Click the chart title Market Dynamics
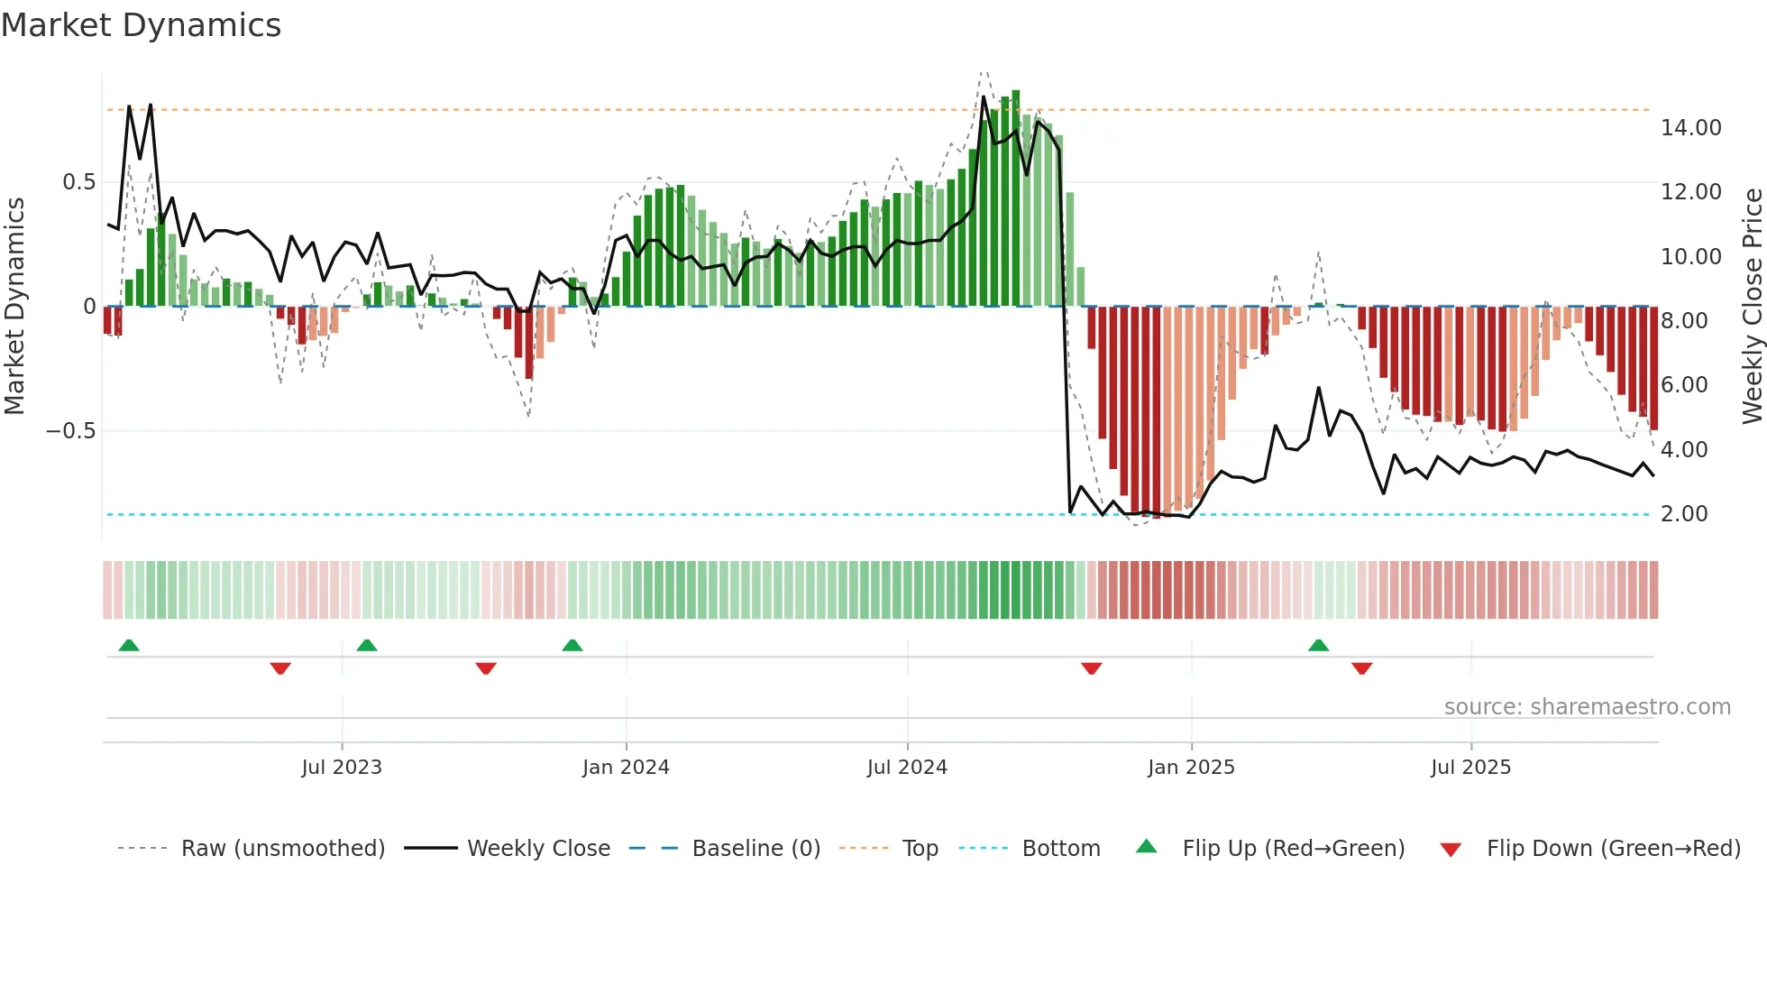click(x=141, y=25)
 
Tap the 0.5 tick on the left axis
click(x=78, y=182)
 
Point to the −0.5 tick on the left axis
click(x=70, y=431)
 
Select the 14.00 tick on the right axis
click(x=1690, y=128)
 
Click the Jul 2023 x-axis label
click(x=342, y=768)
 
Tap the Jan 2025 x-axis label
click(x=1191, y=768)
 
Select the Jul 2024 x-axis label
click(x=907, y=768)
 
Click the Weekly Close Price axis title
click(x=1752, y=307)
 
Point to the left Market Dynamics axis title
click(x=14, y=307)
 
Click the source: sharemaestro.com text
click(x=1587, y=707)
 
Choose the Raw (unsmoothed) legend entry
click(x=282, y=849)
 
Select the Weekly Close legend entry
click(x=538, y=849)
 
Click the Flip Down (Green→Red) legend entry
click(x=1613, y=849)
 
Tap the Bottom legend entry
click(x=1060, y=849)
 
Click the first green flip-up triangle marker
click(x=129, y=646)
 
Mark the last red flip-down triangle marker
click(x=1361, y=668)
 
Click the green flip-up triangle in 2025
click(x=1318, y=646)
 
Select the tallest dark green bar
click(x=1016, y=198)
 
